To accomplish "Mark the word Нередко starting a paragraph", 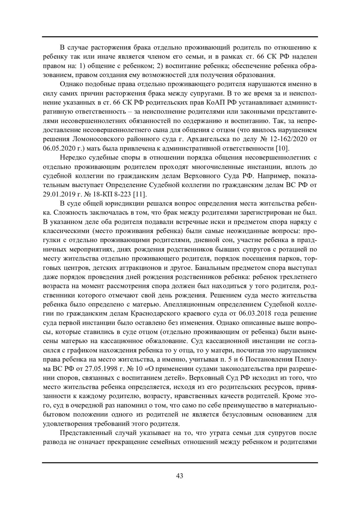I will [x=72, y=157].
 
